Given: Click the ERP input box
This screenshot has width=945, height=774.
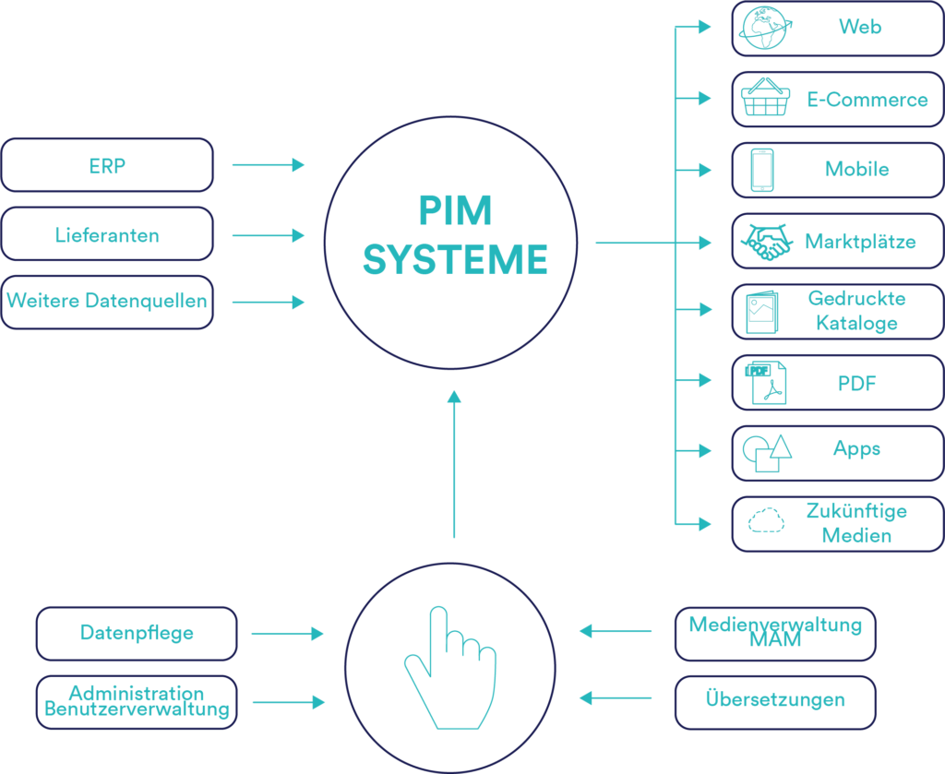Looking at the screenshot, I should (x=107, y=166).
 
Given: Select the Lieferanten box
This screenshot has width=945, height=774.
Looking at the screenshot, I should (x=107, y=235).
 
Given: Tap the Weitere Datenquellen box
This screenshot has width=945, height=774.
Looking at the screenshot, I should (x=107, y=302).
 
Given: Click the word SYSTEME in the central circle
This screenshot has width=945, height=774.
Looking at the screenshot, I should (x=455, y=260).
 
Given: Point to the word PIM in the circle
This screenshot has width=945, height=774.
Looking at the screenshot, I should (x=455, y=211).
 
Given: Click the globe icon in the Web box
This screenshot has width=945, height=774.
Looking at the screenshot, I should (x=763, y=28).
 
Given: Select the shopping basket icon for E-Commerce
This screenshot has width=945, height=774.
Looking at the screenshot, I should (x=765, y=98).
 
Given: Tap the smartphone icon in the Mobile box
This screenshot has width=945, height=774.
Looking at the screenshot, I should (x=762, y=170).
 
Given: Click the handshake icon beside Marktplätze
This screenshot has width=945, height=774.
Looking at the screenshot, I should (x=767, y=243).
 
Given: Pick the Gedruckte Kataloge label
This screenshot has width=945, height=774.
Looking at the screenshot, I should (x=856, y=311).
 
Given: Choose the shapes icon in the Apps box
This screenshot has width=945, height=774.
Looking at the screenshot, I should (x=766, y=452).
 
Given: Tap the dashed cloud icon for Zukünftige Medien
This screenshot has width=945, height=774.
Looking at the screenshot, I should (x=765, y=522).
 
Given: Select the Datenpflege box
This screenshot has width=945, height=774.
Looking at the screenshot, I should (x=137, y=634).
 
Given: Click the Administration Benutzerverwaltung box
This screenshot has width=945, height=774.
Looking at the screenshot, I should (x=137, y=702).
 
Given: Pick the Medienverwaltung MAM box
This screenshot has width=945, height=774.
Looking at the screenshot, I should (x=775, y=633).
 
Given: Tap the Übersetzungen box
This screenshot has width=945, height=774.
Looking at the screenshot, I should (x=775, y=700).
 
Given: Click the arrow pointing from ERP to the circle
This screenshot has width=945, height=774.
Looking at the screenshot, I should (x=268, y=165).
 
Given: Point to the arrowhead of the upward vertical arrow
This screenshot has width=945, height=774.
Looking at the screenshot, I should (x=453, y=398).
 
